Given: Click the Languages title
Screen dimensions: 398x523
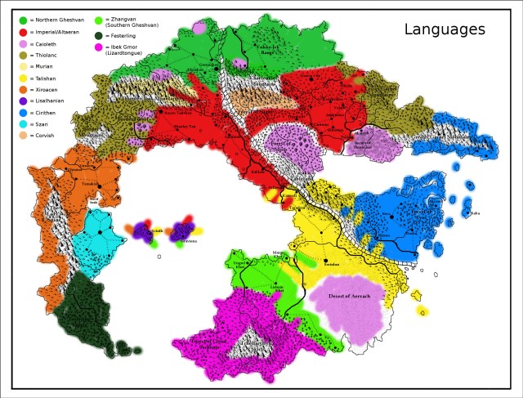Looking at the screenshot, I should coord(445,30).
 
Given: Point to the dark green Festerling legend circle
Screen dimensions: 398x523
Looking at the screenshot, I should coord(99,35).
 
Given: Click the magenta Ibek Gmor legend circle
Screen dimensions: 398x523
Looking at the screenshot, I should coord(99,48).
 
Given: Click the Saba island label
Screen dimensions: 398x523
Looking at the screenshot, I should coord(475,213).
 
